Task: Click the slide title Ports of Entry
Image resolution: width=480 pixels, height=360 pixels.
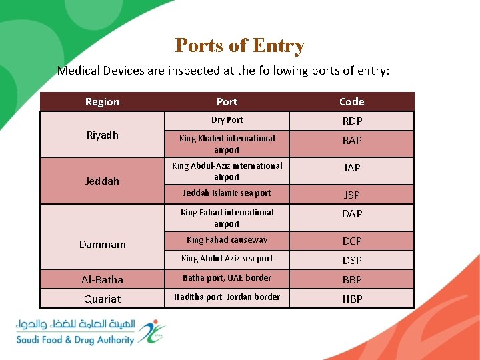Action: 239,45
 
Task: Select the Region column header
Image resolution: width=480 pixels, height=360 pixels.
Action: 103,101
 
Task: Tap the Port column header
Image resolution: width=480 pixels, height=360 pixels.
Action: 227,101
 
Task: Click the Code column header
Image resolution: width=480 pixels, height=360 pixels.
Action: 351,101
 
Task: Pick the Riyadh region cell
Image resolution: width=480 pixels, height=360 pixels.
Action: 103,135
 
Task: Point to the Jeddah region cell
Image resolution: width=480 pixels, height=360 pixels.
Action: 103,181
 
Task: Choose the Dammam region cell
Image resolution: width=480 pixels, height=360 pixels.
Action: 103,244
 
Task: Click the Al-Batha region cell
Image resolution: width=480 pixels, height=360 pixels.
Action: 103,279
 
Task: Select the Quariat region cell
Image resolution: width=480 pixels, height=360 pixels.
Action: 103,299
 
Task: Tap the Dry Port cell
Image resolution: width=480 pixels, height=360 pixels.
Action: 227,120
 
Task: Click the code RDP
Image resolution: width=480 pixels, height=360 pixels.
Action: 352,121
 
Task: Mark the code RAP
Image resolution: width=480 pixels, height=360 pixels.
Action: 352,141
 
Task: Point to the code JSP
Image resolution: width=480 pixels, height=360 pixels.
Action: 351,195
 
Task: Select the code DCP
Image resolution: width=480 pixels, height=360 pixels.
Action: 352,241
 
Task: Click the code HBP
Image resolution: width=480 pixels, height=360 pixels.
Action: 352,299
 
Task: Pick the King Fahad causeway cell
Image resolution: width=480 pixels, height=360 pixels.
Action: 227,240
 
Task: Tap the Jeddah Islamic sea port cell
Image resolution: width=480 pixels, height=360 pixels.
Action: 227,193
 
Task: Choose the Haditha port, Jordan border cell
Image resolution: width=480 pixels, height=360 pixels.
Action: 227,297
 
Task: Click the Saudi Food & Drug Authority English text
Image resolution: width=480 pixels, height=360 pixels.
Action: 75,340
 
